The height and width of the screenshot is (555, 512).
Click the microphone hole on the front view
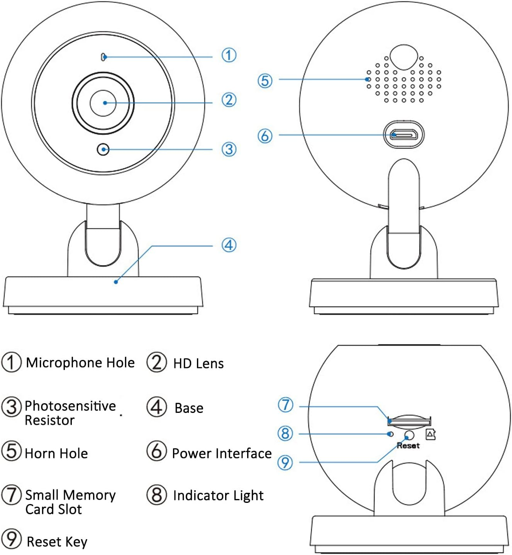tap(103, 57)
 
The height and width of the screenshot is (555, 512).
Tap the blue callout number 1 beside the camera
tap(229, 55)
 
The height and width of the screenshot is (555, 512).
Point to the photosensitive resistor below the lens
tap(103, 149)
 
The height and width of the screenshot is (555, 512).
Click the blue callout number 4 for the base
tap(229, 245)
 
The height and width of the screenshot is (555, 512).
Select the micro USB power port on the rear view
tap(403, 135)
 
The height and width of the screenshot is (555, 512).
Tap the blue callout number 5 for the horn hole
tap(265, 81)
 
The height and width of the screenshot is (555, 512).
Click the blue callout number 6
tap(265, 136)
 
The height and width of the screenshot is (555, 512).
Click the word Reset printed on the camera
tap(408, 446)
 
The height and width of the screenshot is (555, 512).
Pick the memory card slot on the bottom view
tap(409, 420)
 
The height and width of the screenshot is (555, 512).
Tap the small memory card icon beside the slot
tap(431, 434)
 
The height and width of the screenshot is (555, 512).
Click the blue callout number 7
tap(286, 405)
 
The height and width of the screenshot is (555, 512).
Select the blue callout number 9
tap(285, 462)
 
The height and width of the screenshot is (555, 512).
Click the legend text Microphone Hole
tap(80, 363)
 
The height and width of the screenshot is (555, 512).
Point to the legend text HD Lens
tap(198, 363)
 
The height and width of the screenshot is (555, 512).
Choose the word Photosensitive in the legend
tap(70, 406)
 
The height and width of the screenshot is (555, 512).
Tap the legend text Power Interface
tap(222, 453)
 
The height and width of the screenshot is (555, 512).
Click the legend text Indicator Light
tap(218, 496)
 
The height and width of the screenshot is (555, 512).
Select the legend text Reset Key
tap(57, 542)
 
